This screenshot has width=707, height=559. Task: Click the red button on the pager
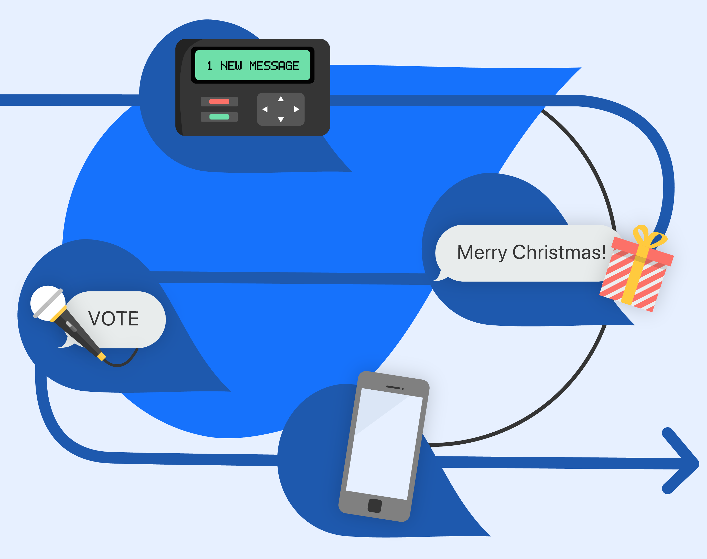pyautogui.click(x=219, y=102)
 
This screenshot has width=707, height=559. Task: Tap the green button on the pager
pyautogui.click(x=219, y=117)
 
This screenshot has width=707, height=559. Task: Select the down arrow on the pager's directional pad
pyautogui.click(x=281, y=120)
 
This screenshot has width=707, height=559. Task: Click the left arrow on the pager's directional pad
pyautogui.click(x=265, y=109)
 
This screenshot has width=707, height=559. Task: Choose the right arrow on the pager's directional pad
pyautogui.click(x=297, y=109)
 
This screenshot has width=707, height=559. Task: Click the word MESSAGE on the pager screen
pyautogui.click(x=274, y=66)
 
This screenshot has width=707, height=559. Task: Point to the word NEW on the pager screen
pyautogui.click(x=231, y=66)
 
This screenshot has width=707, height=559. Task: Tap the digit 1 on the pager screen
pyautogui.click(x=210, y=66)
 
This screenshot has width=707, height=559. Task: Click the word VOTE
pyautogui.click(x=114, y=319)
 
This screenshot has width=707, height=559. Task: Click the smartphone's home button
pyautogui.click(x=375, y=506)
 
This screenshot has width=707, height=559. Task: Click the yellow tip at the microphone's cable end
pyautogui.click(x=102, y=357)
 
